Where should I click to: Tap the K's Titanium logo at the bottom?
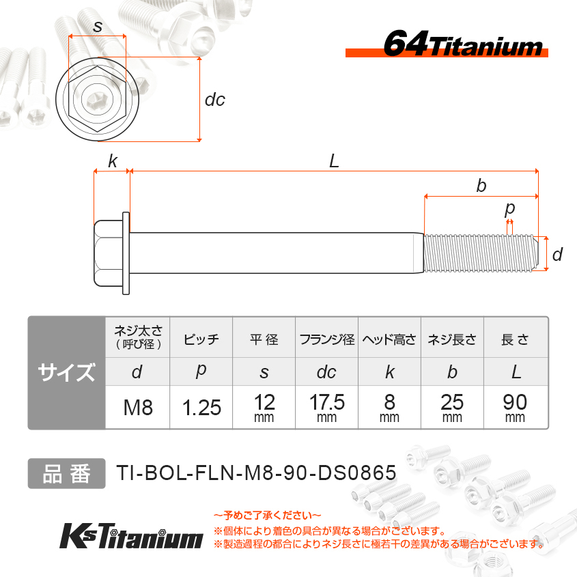click(131, 536)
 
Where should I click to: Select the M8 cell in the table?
click(138, 408)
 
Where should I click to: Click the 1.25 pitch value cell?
click(201, 408)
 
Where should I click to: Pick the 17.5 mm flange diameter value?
click(327, 408)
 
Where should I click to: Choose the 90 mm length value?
click(515, 408)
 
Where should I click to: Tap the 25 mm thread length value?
click(452, 408)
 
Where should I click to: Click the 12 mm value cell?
click(264, 408)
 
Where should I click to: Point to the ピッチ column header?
click(201, 339)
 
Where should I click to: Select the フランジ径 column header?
click(327, 339)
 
